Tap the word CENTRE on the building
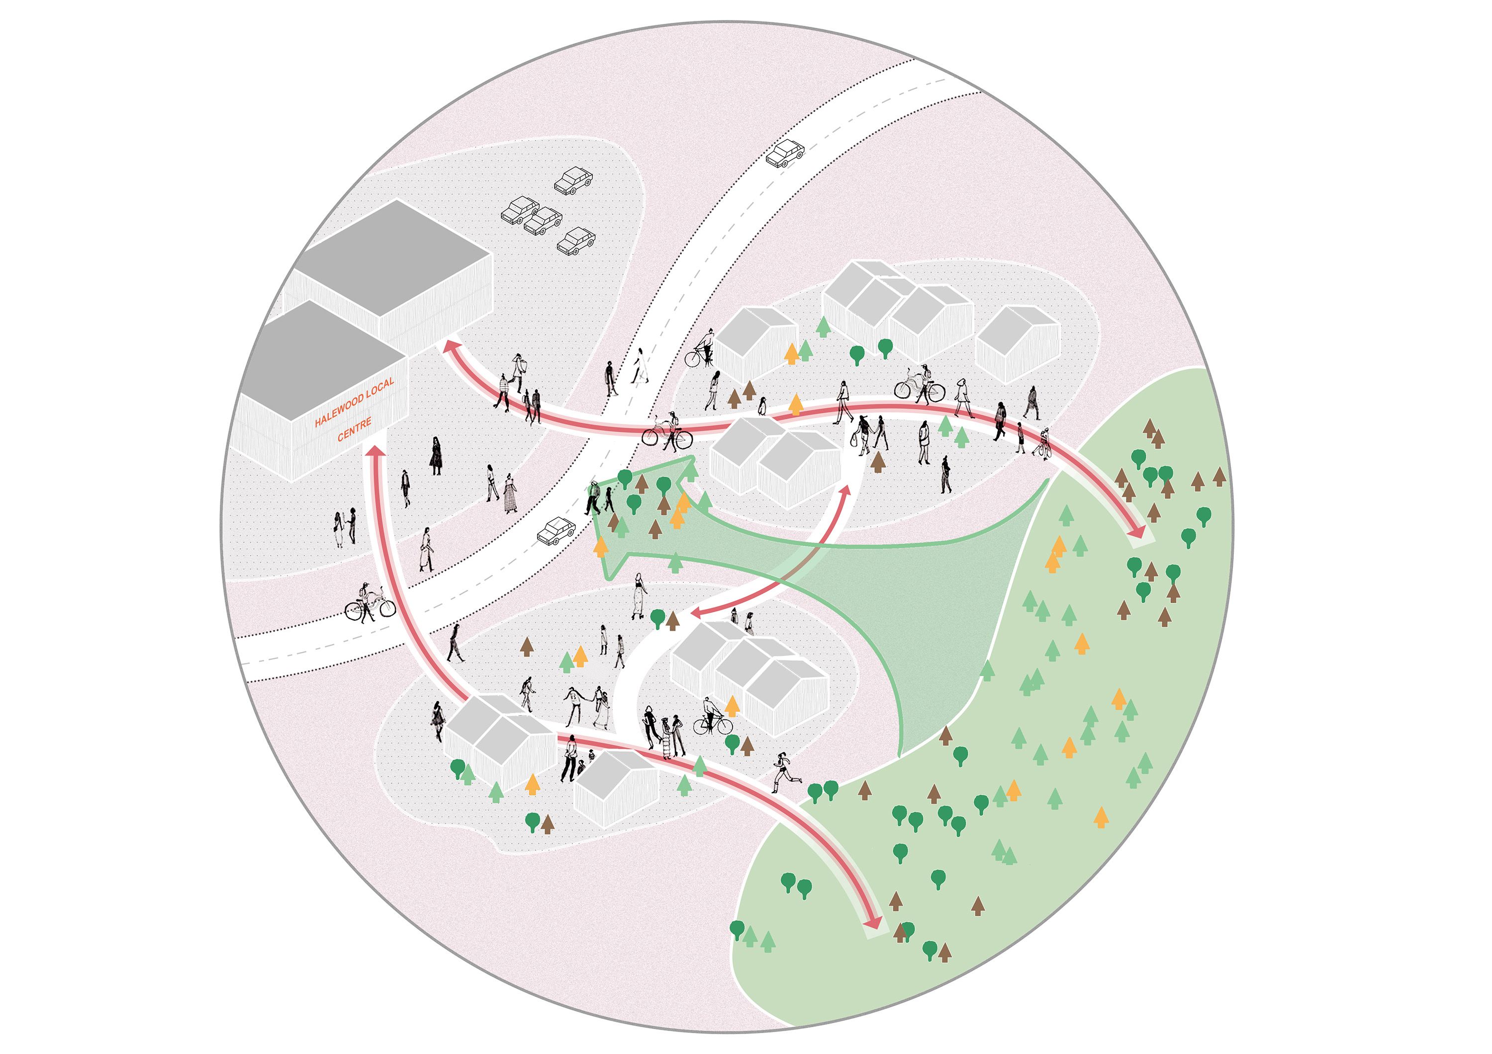[354, 429]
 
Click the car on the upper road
[785, 153]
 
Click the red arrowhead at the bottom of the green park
[874, 922]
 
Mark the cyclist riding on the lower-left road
[370, 603]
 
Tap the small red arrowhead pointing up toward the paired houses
[845, 491]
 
